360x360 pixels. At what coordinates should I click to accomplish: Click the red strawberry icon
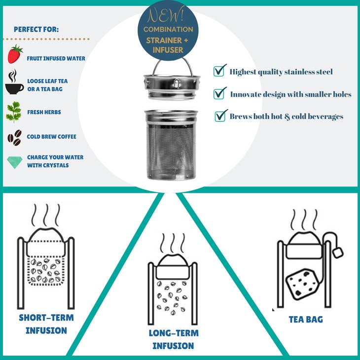pos(15,54)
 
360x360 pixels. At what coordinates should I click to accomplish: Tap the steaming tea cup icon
pos(14,82)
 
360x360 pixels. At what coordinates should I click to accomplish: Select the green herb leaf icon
pos(14,111)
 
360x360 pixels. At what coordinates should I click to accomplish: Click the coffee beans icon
pos(14,137)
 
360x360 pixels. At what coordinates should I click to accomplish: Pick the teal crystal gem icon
pos(14,161)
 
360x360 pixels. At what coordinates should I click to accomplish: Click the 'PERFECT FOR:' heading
pos(36,30)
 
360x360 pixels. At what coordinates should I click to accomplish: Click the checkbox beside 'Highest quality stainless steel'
pos(219,71)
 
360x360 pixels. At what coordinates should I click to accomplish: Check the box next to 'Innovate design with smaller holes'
pos(220,93)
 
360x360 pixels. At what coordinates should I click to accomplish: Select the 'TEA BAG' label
pos(306,320)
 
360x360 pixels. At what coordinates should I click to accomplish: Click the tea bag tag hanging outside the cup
pos(338,252)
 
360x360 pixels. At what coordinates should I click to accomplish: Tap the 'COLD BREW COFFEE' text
pos(51,137)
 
